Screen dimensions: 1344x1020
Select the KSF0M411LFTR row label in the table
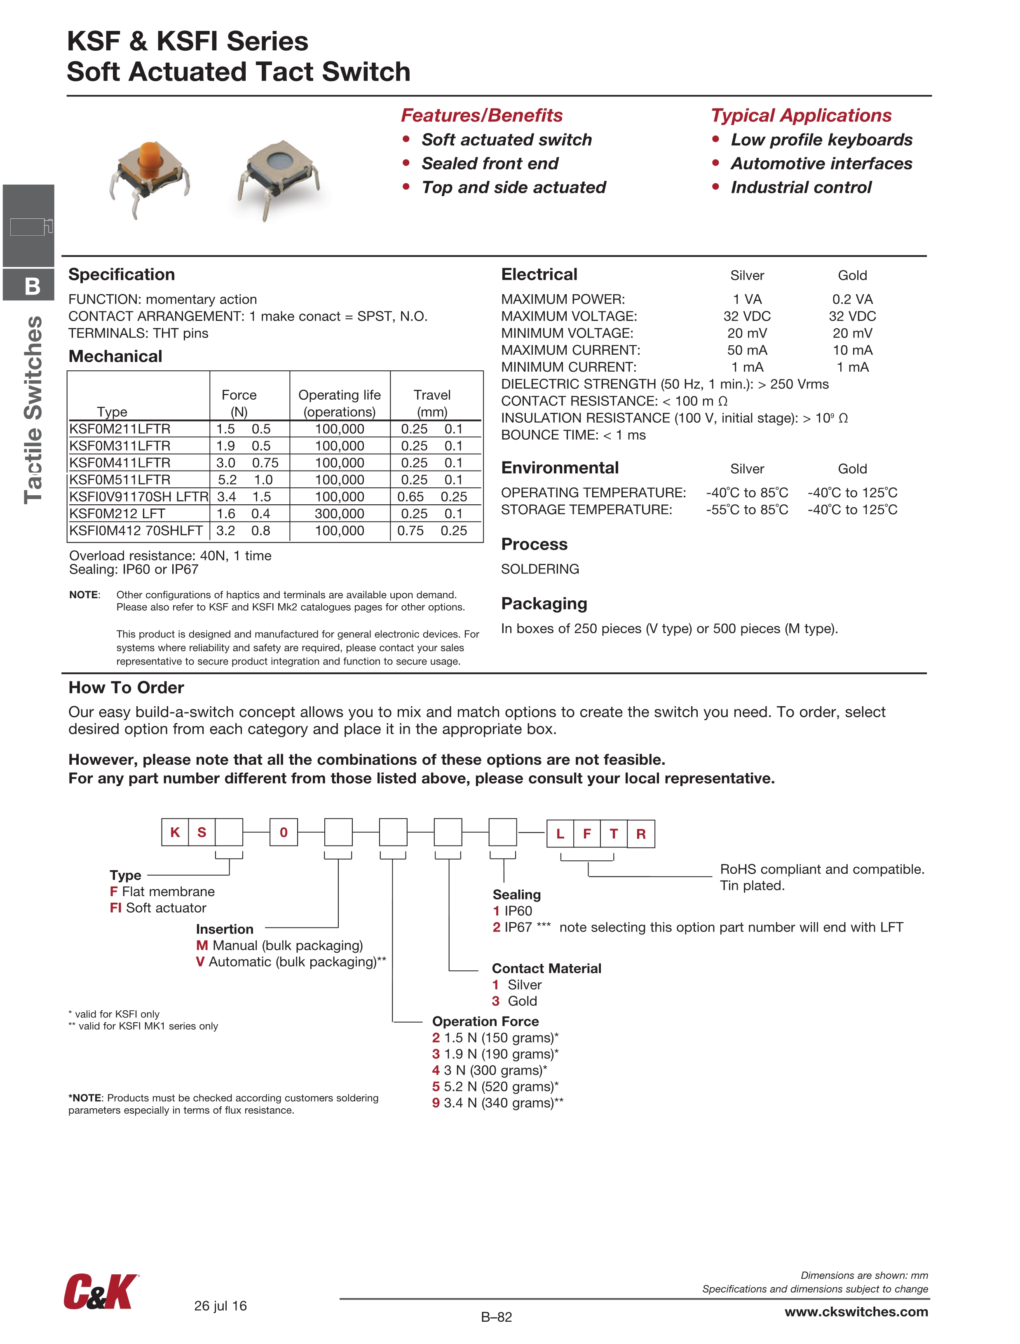120,463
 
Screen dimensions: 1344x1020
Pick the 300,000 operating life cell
339,514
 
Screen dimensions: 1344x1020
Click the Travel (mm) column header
432,403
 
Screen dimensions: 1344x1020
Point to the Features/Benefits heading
481,115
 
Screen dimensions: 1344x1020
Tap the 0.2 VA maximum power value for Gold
852,300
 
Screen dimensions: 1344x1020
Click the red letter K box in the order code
175,832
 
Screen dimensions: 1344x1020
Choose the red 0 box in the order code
283,832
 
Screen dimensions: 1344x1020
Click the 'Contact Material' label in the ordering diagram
546,969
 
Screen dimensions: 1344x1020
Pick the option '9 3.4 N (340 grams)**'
498,1103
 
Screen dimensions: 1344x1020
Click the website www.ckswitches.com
856,1312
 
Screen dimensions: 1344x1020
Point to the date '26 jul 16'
220,1306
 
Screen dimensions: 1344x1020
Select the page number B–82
496,1317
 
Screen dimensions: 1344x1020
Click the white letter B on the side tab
32,286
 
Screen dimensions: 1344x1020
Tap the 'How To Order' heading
126,688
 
